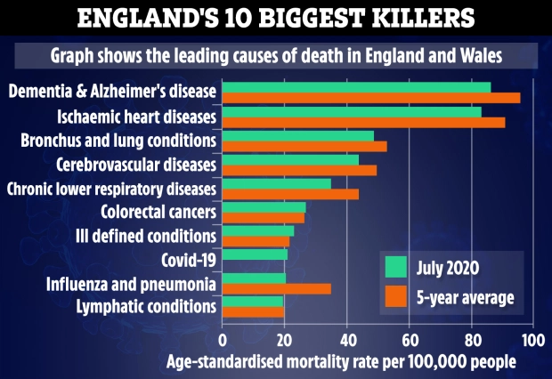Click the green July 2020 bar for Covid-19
[x=254, y=254]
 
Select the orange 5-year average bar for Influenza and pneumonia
[x=276, y=289]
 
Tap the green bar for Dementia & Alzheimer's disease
[x=355, y=86]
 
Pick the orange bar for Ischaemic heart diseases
[x=362, y=122]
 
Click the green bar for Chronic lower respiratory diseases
[x=276, y=183]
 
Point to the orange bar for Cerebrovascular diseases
[x=298, y=170]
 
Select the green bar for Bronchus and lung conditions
[x=297, y=135]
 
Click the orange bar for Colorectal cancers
[x=263, y=218]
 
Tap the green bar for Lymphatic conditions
[x=252, y=302]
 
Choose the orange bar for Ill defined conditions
[x=255, y=241]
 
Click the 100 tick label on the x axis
[x=532, y=340]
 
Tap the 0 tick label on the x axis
[x=222, y=340]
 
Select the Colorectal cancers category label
[x=160, y=213]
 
